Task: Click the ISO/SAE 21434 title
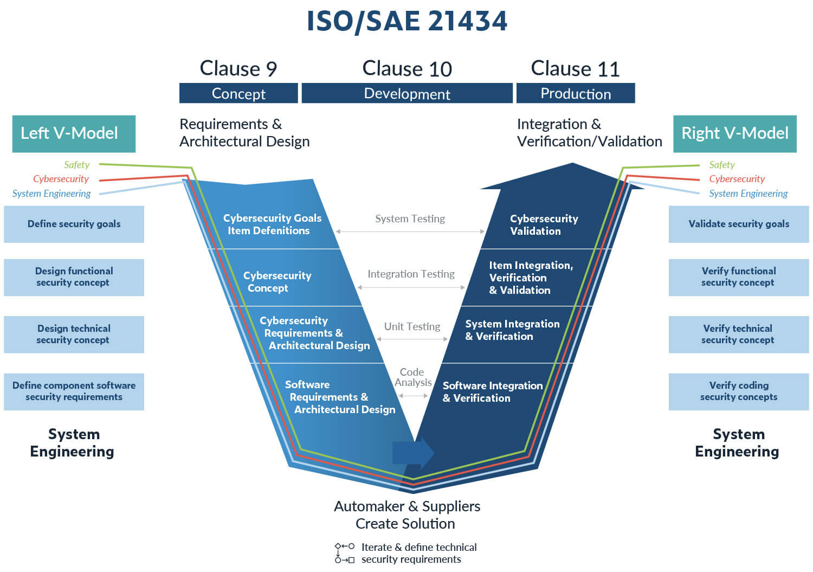406,22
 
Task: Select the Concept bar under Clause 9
238,93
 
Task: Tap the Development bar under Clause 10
407,93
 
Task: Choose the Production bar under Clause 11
576,93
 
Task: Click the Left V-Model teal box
74,133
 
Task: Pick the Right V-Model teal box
734,133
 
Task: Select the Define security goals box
74,224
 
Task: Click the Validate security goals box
738,224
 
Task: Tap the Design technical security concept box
74,335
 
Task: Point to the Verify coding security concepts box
738,391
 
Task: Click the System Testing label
410,218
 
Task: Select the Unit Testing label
412,326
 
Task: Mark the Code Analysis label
412,377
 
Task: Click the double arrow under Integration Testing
411,287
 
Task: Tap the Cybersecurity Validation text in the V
544,224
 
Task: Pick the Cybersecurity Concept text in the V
277,281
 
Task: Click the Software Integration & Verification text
492,391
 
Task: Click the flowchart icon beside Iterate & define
345,553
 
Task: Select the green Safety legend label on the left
76,165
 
